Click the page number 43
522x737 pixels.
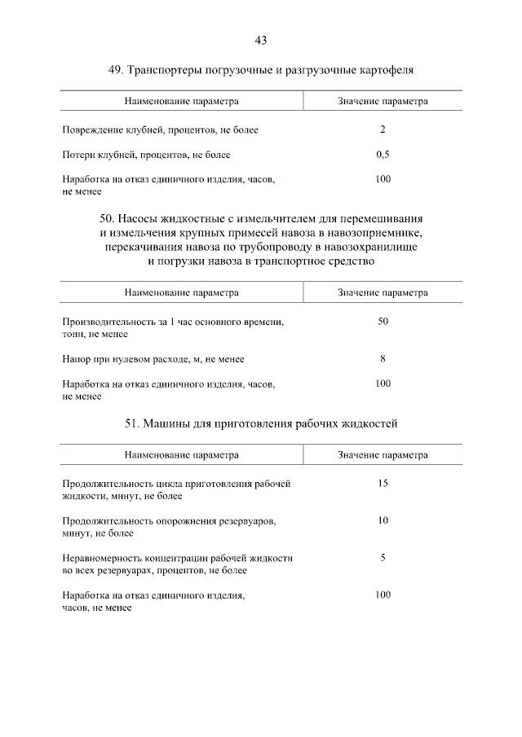pyautogui.click(x=261, y=41)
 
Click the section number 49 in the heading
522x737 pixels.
pyautogui.click(x=115, y=71)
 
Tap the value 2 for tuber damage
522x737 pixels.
pyautogui.click(x=383, y=130)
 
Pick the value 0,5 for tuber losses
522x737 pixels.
pyautogui.click(x=383, y=155)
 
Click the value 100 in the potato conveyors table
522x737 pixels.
pyautogui.click(x=383, y=179)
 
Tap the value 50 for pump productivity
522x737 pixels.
pyautogui.click(x=383, y=322)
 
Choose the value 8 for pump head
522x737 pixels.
pyautogui.click(x=383, y=358)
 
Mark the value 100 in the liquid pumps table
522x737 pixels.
pyautogui.click(x=383, y=383)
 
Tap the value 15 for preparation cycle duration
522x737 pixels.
pyautogui.click(x=383, y=484)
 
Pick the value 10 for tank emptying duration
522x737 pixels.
pyautogui.click(x=383, y=520)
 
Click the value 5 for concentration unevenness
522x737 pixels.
pyautogui.click(x=383, y=558)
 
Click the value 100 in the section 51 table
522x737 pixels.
pyautogui.click(x=383, y=595)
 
